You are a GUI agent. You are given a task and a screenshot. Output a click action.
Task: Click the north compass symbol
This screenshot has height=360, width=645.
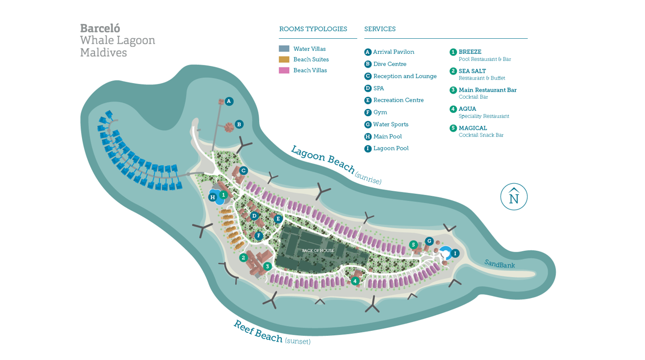(x=514, y=197)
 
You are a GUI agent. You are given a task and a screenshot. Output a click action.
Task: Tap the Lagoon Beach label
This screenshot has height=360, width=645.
(x=322, y=160)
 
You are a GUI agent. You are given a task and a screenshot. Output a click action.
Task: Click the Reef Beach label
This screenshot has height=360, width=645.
(x=258, y=331)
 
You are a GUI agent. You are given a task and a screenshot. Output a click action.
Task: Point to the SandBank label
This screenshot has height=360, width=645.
(x=500, y=264)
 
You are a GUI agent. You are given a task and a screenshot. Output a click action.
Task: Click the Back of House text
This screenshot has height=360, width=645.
(x=318, y=251)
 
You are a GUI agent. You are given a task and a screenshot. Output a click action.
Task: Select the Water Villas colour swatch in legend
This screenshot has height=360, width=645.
(x=284, y=49)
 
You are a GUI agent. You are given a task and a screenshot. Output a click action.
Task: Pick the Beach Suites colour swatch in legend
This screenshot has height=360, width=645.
(x=284, y=59)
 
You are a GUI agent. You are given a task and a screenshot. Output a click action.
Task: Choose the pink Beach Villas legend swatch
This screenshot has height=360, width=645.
(x=284, y=70)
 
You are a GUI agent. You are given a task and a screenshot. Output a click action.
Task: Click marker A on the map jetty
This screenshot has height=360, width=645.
(x=229, y=101)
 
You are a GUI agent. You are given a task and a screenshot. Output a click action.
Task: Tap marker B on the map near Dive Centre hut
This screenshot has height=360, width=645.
(x=239, y=124)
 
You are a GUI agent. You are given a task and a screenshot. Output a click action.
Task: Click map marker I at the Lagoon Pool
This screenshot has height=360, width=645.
(x=455, y=253)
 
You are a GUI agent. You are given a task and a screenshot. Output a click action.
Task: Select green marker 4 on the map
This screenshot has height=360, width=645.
(x=355, y=281)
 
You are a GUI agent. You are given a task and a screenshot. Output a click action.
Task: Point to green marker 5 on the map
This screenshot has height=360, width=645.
(x=413, y=245)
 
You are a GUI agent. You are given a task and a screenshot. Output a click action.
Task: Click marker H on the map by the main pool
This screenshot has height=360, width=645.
(x=213, y=197)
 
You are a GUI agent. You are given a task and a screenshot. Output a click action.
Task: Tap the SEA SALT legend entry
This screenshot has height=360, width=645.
(x=472, y=71)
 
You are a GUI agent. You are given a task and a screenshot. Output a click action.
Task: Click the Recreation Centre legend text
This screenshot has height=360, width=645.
(x=398, y=100)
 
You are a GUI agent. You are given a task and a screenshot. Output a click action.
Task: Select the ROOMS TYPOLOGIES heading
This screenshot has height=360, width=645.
(x=313, y=29)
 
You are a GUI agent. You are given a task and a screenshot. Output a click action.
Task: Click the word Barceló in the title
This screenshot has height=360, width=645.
(x=100, y=28)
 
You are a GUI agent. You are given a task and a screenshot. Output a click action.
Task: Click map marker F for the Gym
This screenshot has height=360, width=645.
(x=259, y=236)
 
